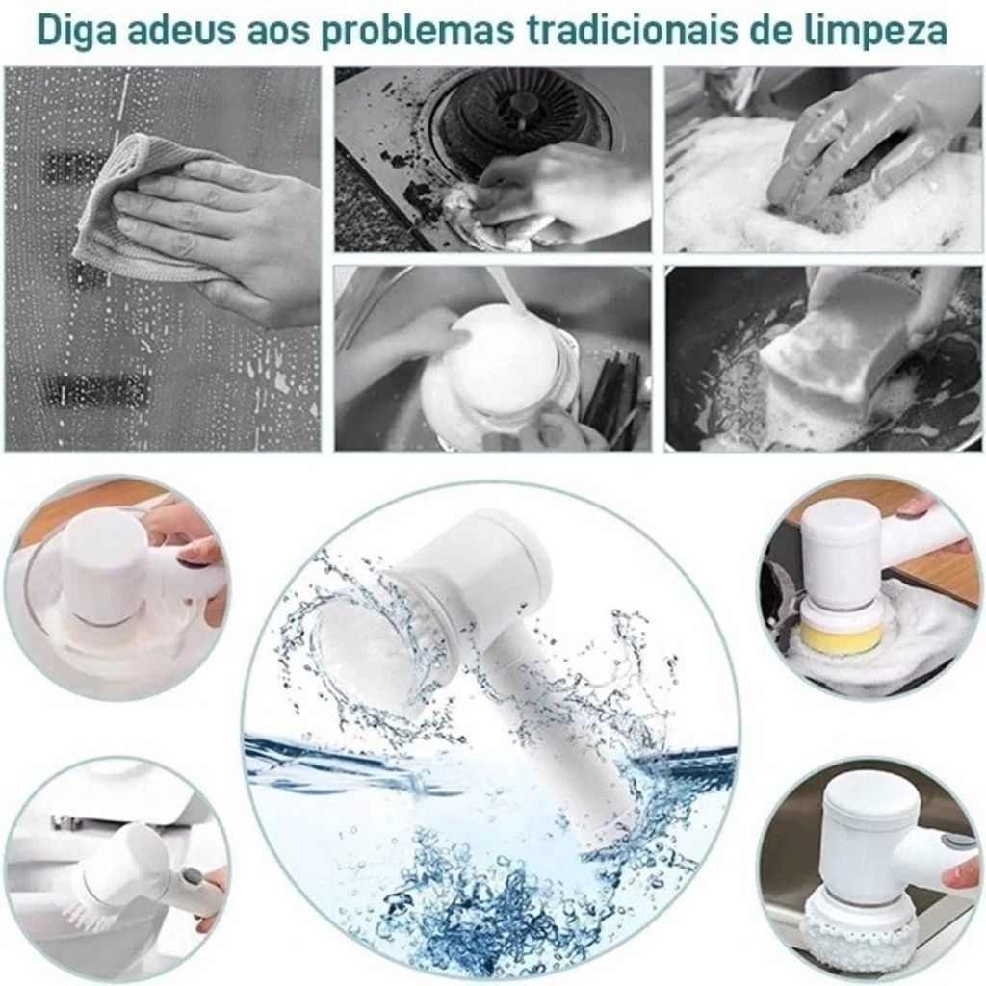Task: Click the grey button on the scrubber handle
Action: click(x=190, y=879)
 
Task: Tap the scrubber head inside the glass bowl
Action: click(x=96, y=578)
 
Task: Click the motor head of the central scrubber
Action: click(x=481, y=568)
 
